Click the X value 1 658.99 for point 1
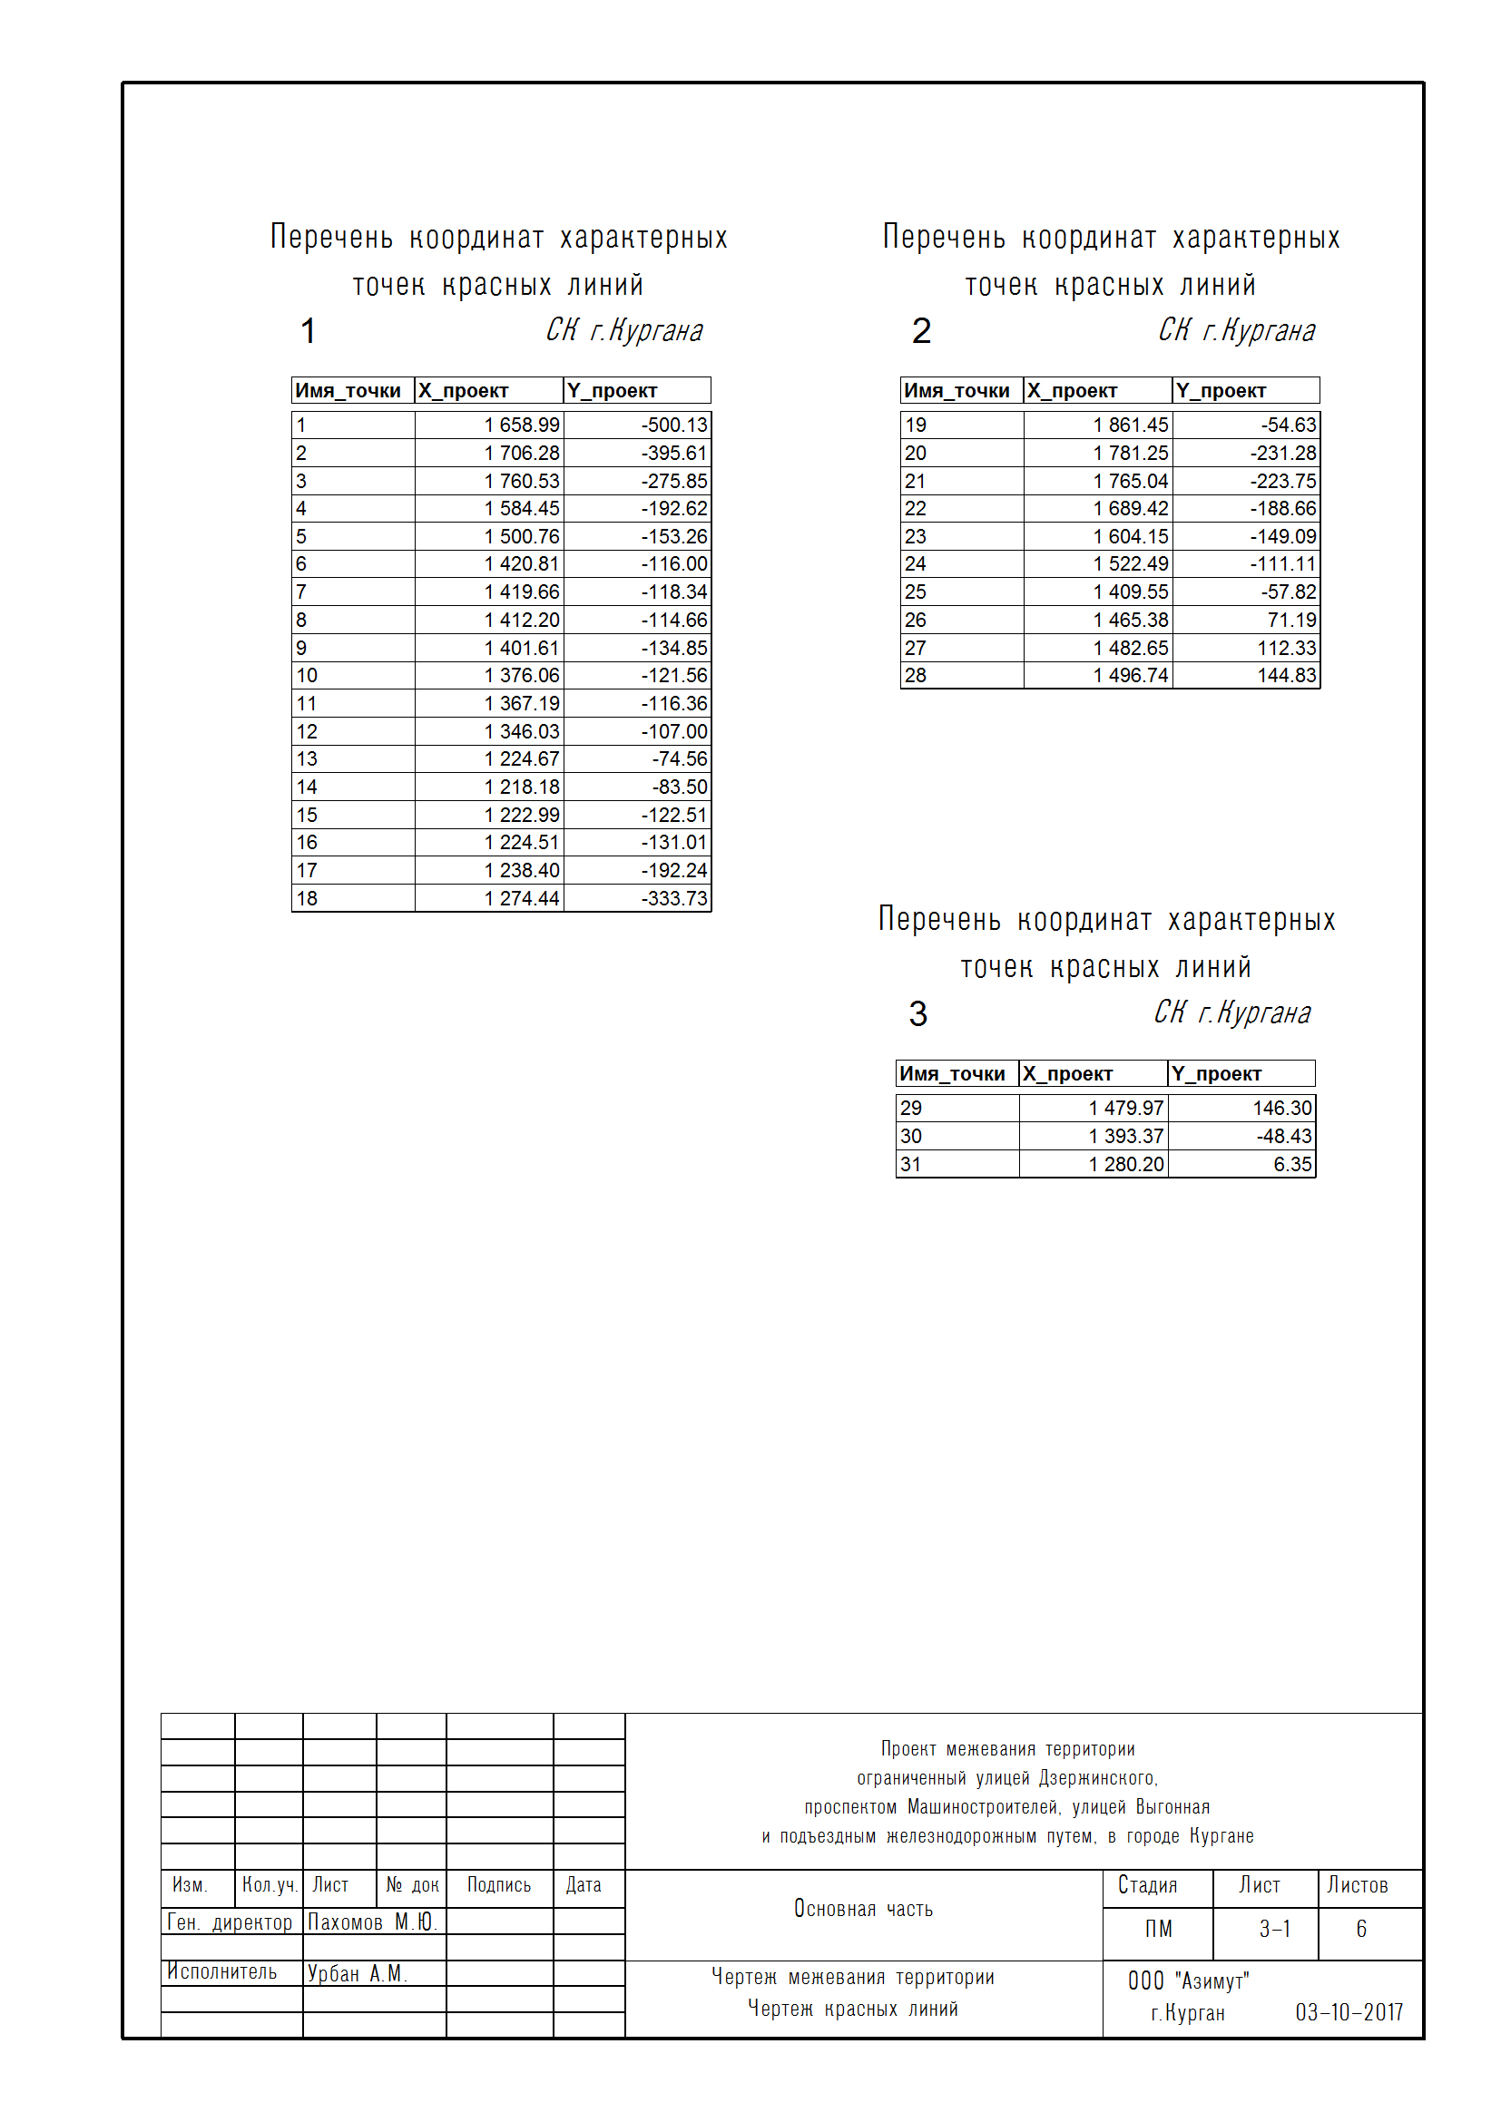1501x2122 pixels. point(521,425)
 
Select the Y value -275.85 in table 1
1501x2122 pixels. point(673,482)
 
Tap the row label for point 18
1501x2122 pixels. point(307,898)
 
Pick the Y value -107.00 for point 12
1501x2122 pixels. point(673,732)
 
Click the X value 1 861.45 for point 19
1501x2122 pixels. point(1131,425)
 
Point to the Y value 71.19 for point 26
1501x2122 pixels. point(1291,621)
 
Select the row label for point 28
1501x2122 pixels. point(915,676)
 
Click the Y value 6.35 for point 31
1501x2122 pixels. point(1292,1165)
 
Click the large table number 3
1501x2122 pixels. point(917,1014)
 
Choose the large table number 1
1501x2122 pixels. point(309,331)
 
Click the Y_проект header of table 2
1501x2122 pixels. point(1220,391)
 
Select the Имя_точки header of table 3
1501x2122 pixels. point(952,1074)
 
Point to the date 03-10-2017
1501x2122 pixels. point(1349,2012)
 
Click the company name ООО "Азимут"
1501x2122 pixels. point(1188,1980)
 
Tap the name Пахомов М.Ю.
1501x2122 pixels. point(370,1922)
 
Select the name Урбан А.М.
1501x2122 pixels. point(357,1973)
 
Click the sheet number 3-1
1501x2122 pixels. point(1274,1929)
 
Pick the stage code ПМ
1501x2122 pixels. point(1158,1929)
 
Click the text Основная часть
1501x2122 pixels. point(863,1909)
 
